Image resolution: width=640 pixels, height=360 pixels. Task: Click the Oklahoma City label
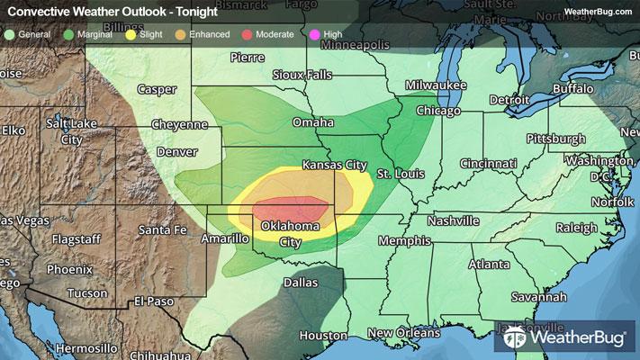[290, 234]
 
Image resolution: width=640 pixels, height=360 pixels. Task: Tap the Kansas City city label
[334, 166]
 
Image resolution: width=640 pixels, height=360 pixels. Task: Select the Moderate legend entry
[268, 33]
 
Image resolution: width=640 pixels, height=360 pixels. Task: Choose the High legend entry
[329, 33]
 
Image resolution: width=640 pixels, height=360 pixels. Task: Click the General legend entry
[29, 33]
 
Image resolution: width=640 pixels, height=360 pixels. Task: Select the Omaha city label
[312, 122]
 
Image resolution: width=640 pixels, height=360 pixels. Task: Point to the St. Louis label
[398, 172]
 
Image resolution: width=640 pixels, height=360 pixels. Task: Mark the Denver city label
[176, 152]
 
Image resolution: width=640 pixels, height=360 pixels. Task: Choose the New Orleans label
[402, 333]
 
